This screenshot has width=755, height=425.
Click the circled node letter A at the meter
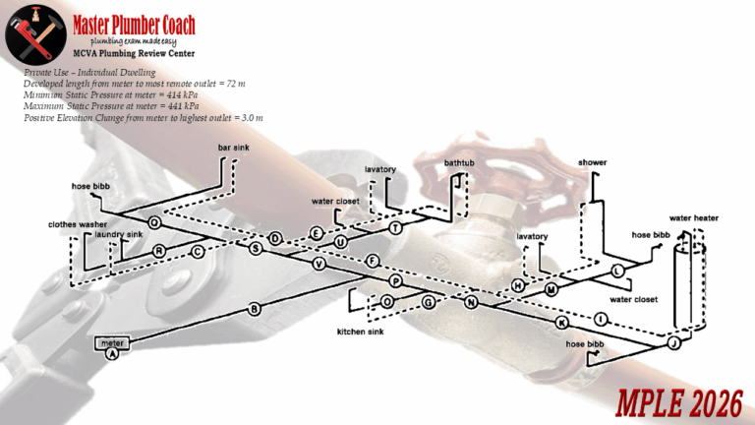point(112,353)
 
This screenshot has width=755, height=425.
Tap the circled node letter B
point(255,309)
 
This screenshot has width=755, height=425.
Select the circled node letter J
point(673,343)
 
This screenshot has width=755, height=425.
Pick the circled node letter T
point(395,227)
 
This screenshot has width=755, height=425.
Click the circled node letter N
point(471,302)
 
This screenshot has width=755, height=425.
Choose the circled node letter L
point(617,270)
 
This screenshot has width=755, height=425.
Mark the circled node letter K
point(562,323)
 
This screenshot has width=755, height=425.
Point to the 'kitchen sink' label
point(360,332)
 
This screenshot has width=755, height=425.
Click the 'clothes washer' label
point(78,224)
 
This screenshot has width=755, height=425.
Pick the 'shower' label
point(593,161)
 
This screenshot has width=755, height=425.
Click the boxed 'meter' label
point(111,342)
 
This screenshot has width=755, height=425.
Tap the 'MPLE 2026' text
point(678,401)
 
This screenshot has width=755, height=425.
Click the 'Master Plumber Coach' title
point(134,25)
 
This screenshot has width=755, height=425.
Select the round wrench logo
point(34,33)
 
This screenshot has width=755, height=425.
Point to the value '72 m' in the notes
point(233,85)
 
